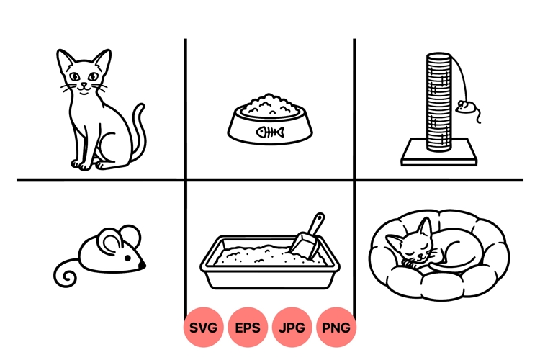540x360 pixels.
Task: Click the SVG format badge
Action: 203,328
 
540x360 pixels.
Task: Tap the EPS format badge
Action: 248,328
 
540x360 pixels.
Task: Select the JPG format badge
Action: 292,328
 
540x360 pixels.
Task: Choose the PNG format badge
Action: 336,328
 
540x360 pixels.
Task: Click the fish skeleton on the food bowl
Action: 270,132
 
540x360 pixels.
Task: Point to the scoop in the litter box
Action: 307,237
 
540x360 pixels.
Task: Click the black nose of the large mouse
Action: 142,265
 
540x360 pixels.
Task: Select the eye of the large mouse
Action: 127,258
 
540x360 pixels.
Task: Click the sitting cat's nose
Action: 84,84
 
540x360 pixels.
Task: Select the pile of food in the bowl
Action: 269,105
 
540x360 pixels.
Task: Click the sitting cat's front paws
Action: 81,165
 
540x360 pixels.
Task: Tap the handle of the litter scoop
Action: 317,224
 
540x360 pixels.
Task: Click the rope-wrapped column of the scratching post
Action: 438,102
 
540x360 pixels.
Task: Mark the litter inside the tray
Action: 265,256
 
